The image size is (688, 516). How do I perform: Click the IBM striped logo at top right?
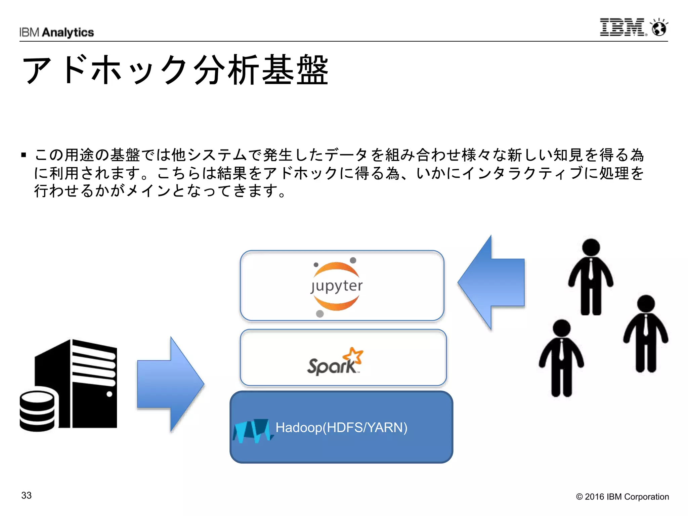click(x=622, y=27)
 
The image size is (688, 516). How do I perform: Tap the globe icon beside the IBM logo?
click(x=659, y=28)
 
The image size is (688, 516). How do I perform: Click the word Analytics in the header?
click(x=68, y=33)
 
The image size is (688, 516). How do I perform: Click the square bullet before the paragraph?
click(x=24, y=155)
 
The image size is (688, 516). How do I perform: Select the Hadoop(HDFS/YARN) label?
click(x=341, y=427)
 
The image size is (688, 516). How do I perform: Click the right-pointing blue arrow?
click(x=171, y=384)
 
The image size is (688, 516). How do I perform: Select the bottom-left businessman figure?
click(x=561, y=358)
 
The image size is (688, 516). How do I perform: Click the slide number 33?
click(x=26, y=495)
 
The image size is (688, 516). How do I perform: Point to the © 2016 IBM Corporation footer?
click(x=622, y=497)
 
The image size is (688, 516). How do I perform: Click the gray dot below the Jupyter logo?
click(x=320, y=314)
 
